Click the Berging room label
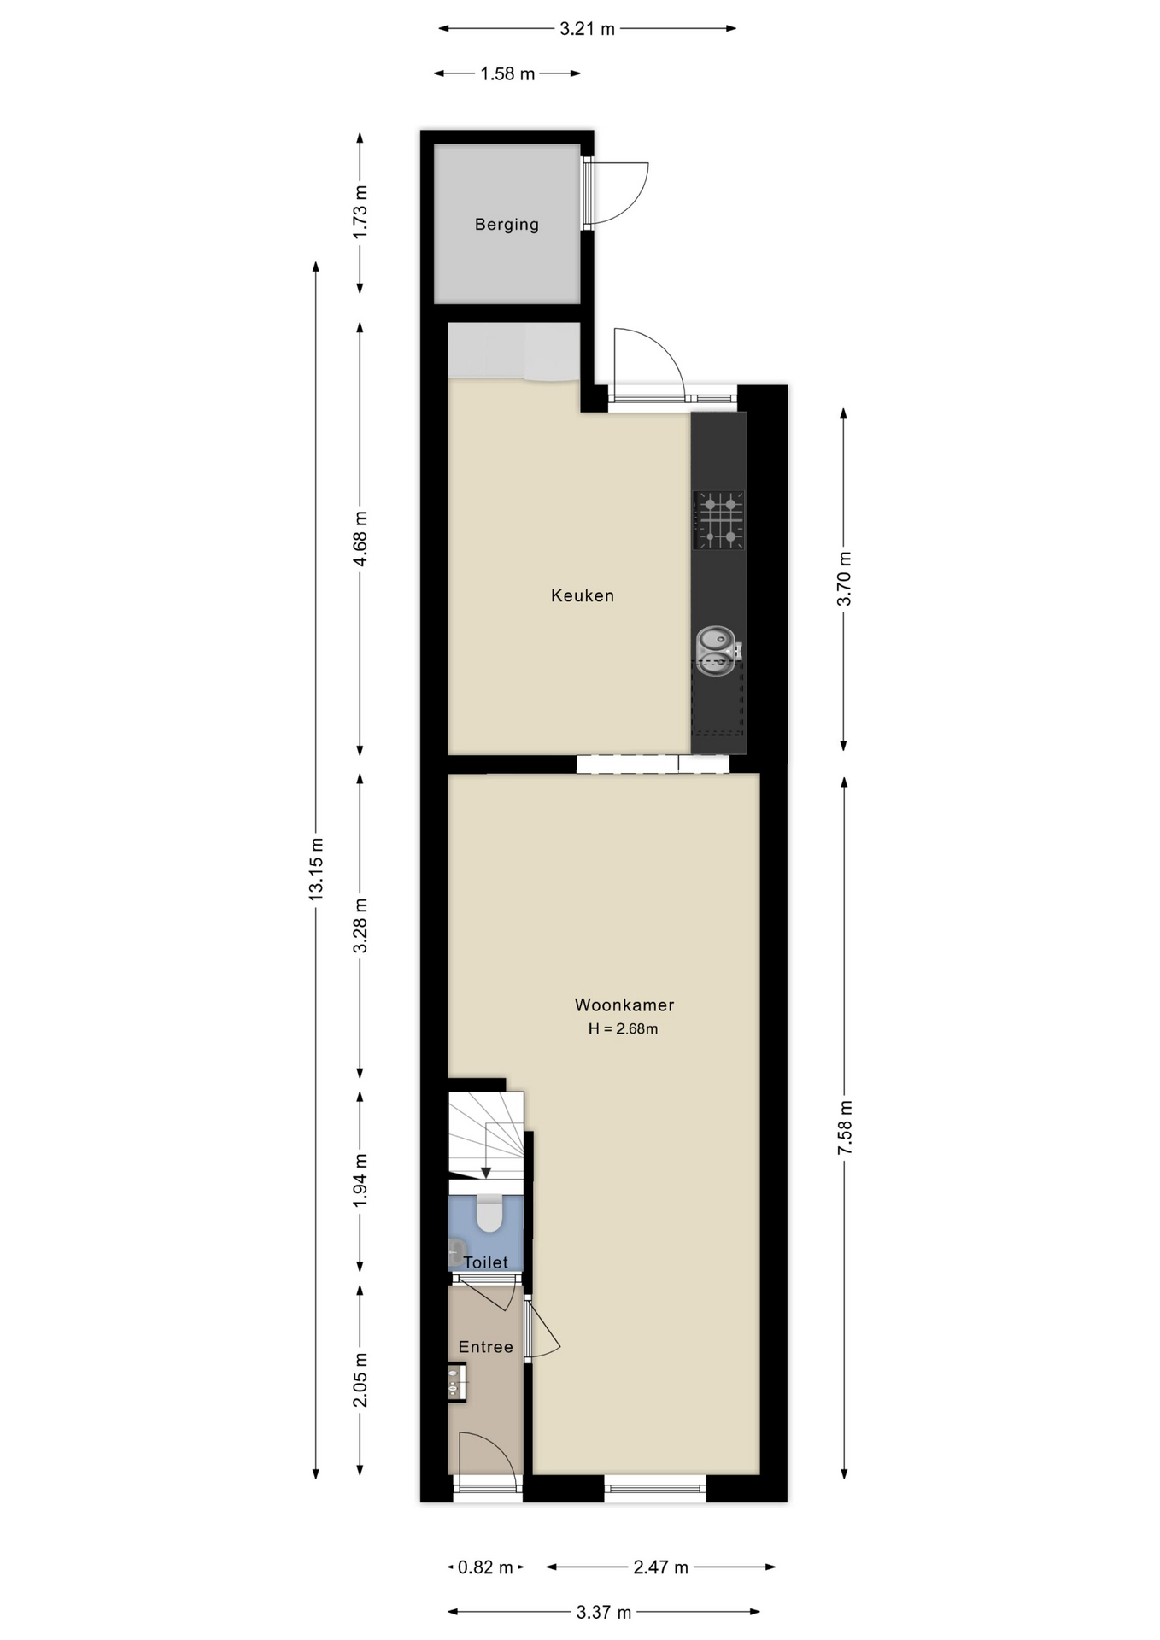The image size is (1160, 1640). [x=507, y=225]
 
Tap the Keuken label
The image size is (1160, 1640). [x=583, y=595]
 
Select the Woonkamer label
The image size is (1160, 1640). [x=624, y=1005]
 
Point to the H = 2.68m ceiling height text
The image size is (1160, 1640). [x=623, y=1029]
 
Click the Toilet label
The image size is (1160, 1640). [x=485, y=1262]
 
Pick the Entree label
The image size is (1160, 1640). [x=485, y=1347]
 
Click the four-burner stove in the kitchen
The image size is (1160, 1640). [x=718, y=519]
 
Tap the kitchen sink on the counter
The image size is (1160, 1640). [x=716, y=649]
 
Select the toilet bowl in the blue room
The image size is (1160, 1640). [x=489, y=1213]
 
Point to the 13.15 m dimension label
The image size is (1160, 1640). [x=316, y=868]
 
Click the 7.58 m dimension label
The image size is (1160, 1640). [x=845, y=1127]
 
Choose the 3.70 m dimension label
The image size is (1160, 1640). [x=844, y=579]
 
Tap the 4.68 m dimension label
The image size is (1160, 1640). [x=360, y=538]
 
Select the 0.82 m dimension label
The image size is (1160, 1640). [x=485, y=1567]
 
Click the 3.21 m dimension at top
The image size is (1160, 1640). [x=587, y=29]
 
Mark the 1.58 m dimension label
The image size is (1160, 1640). [x=507, y=74]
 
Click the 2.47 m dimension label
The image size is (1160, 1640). [x=660, y=1567]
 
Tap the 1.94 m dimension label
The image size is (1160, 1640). [x=360, y=1180]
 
